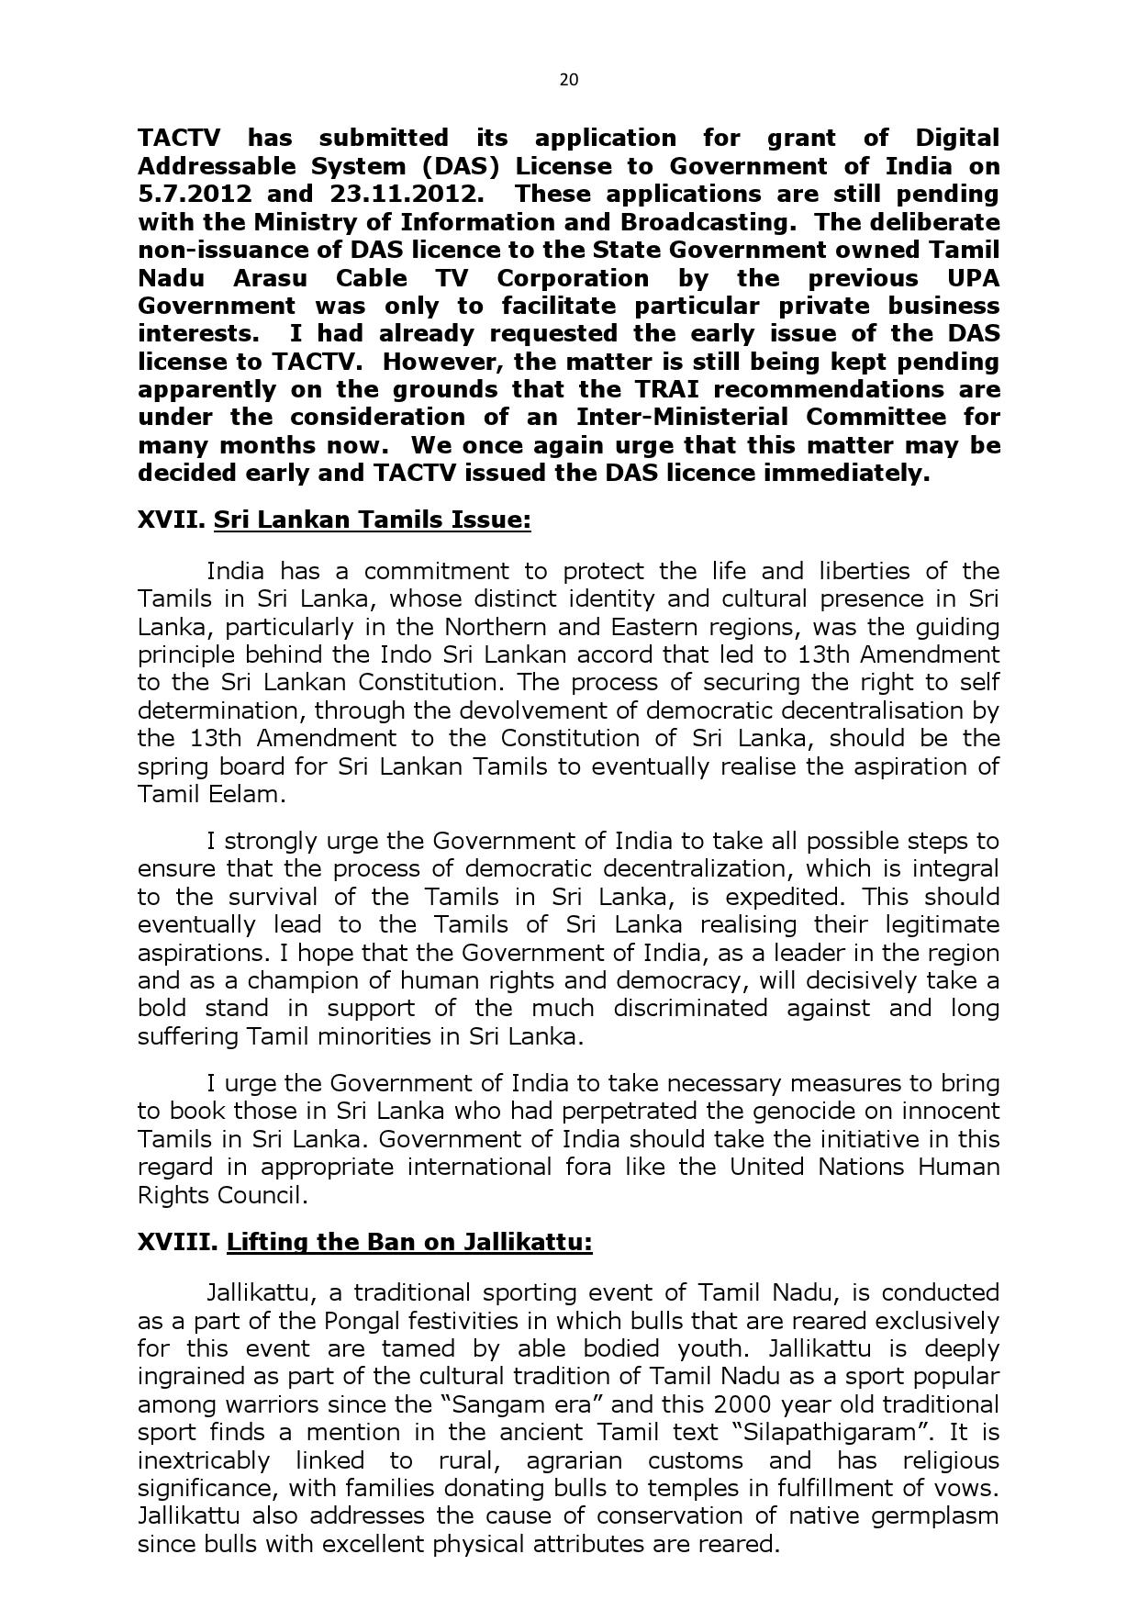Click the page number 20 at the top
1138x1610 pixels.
click(568, 80)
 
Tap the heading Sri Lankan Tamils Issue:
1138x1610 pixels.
click(372, 520)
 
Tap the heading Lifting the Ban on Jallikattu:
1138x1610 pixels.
click(409, 1243)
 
